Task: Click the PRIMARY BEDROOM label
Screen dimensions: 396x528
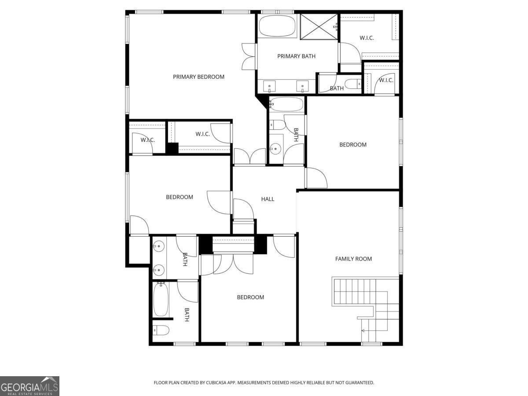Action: tap(198, 77)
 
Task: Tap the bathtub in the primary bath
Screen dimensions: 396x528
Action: tap(278, 26)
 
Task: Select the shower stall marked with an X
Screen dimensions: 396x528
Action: tap(319, 27)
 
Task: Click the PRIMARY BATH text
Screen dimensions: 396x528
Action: tap(296, 56)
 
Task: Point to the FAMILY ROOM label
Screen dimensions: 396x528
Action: tap(353, 259)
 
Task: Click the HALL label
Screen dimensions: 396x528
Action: tap(268, 199)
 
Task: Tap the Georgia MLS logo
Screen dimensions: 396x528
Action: tap(29, 386)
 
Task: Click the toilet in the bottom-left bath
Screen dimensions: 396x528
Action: tap(161, 330)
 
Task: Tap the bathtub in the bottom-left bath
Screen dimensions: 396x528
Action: tap(161, 300)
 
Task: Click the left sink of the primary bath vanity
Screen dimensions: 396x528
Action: tap(269, 85)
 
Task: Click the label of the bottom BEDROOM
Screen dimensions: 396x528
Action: tap(250, 297)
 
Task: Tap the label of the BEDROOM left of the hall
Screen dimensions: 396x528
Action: tap(179, 197)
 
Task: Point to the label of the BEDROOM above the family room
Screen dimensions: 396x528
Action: tap(352, 145)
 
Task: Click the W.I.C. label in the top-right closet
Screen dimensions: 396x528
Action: tap(367, 38)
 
